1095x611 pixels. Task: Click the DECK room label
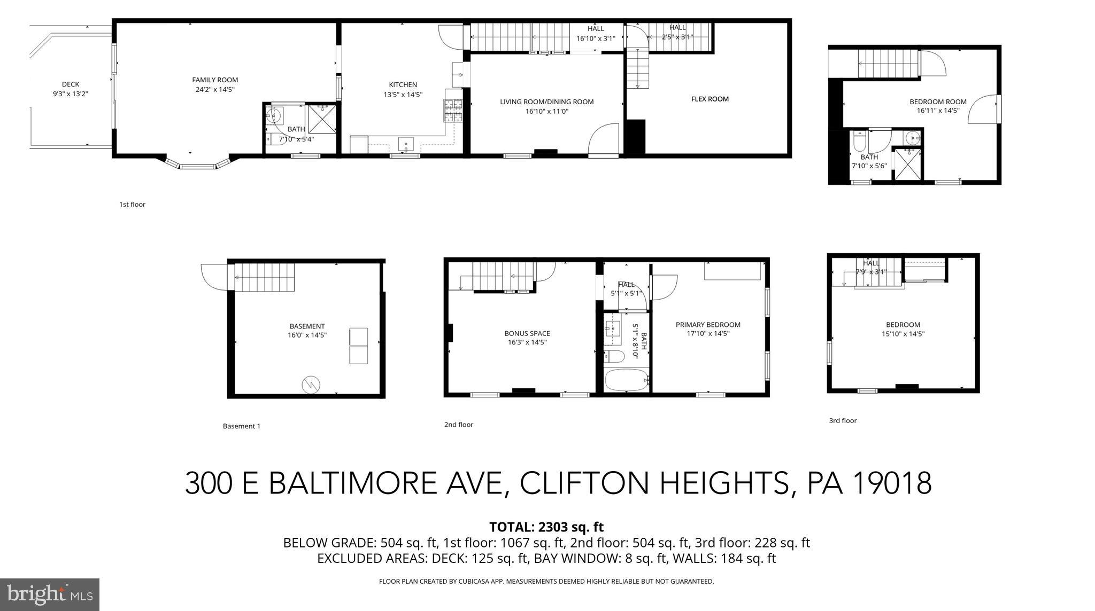[71, 84]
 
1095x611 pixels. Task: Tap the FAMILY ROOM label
[215, 80]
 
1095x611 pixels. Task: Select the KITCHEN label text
[403, 85]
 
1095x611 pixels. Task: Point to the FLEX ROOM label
[710, 99]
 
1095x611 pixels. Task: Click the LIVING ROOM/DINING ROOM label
[546, 102]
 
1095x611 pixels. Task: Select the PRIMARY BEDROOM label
[708, 325]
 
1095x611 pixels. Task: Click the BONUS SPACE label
[527, 333]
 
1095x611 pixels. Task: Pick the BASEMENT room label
[307, 326]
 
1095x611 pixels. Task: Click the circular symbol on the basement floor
[311, 384]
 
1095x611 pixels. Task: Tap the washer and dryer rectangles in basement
[358, 346]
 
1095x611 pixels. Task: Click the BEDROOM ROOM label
[938, 102]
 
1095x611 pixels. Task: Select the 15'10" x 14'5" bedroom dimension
[903, 334]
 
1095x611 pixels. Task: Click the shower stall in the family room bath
[322, 119]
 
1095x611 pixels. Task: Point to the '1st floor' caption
[132, 205]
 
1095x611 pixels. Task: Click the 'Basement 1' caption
[242, 426]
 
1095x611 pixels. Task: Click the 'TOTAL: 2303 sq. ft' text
[546, 527]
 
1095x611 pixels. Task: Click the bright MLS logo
[50, 594]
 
